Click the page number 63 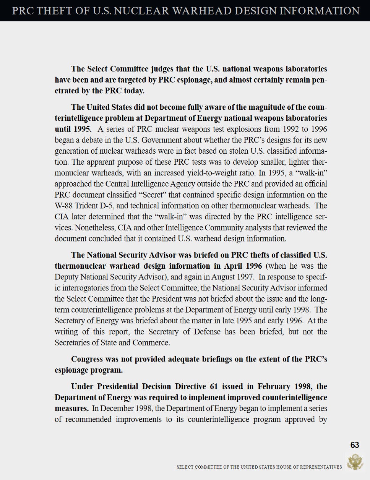click(x=354, y=445)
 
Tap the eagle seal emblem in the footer click(x=355, y=462)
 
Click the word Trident click(x=89, y=206)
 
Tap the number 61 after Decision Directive click(x=213, y=386)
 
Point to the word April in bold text click(x=235, y=266)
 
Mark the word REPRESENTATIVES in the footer click(x=321, y=467)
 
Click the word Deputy click(x=67, y=277)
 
